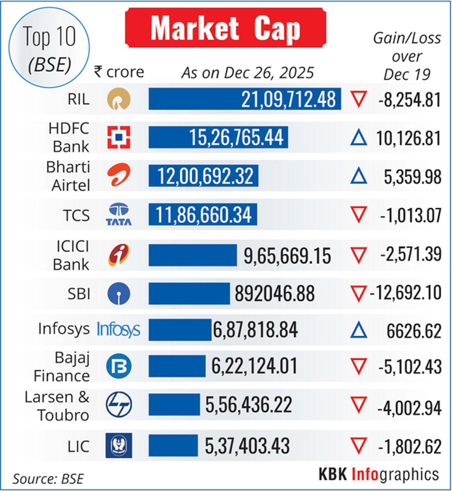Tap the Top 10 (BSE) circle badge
[49, 49]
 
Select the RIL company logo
[119, 99]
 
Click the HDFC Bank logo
[119, 137]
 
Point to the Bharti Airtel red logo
[119, 176]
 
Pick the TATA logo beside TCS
[119, 214]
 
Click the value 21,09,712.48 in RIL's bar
[288, 99]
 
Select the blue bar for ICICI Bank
[192, 255]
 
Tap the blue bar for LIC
[173, 445]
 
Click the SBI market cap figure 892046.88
[275, 294]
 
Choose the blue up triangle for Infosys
[358, 331]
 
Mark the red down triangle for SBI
[358, 294]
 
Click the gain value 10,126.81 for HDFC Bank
[408, 138]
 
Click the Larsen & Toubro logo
[119, 405]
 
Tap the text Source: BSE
[48, 479]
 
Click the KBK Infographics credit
[379, 474]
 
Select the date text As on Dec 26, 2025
[247, 73]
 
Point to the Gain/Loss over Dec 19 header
[407, 56]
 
